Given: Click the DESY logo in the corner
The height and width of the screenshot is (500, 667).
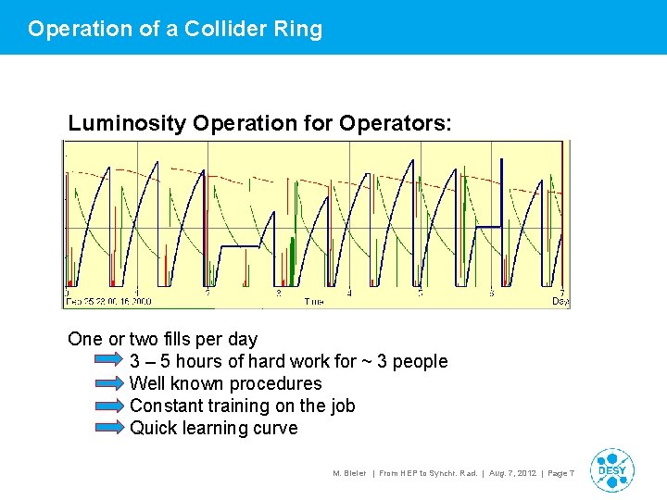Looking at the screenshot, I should click(611, 469).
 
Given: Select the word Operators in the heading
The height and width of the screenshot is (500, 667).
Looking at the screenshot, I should click(407, 123).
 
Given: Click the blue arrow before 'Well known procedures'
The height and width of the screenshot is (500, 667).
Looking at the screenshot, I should click(109, 383).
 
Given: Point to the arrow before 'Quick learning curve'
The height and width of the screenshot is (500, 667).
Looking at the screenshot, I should click(109, 428).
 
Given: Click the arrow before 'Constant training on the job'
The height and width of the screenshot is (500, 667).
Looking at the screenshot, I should click(109, 406).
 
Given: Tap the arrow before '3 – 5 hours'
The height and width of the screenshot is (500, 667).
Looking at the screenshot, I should click(109, 361).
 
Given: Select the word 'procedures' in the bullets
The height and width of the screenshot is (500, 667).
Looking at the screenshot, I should click(278, 383).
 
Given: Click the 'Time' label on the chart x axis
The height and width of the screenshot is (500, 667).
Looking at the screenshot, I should click(314, 301).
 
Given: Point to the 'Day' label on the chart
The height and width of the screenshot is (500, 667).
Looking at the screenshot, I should click(560, 301).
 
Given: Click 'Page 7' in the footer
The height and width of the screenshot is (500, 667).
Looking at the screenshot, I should click(560, 473).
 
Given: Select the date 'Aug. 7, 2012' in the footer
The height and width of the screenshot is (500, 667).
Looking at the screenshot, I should click(513, 473).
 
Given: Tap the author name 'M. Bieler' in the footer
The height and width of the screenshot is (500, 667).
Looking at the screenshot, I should click(349, 473).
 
